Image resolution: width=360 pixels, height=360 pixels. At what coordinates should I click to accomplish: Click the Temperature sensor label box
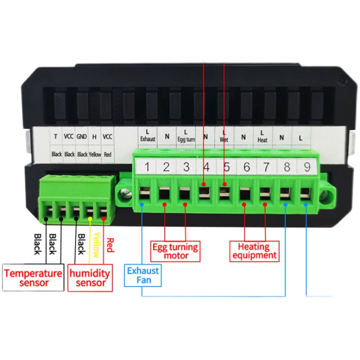point(33,277)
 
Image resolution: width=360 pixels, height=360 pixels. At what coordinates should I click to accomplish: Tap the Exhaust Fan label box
point(143,275)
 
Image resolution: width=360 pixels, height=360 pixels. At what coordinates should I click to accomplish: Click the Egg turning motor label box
point(175,251)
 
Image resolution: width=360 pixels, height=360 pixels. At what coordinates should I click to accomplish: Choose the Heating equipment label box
point(254,251)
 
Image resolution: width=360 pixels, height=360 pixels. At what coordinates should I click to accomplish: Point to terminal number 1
point(147,166)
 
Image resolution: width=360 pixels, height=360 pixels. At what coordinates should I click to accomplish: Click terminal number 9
point(307,167)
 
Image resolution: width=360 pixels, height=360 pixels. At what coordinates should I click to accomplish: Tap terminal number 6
point(247,167)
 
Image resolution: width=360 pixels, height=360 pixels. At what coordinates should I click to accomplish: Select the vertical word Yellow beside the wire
point(97,245)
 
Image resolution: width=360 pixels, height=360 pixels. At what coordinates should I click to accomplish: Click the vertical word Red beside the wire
point(110,245)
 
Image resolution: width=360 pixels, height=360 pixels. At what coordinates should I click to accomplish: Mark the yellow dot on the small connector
point(90,219)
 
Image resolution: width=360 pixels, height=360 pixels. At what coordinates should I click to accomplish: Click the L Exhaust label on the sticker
point(148,136)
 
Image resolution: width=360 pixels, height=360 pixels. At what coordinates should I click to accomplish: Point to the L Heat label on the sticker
point(262,137)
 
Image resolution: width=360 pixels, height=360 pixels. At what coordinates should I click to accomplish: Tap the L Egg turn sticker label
point(186,136)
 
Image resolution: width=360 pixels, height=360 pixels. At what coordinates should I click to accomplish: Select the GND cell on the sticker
point(81,137)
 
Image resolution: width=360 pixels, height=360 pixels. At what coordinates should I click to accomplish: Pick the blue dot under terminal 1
point(142,204)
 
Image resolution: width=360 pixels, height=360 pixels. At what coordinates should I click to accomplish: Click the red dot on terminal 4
point(204,184)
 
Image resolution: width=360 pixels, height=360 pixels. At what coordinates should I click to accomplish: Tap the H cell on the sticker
point(94,137)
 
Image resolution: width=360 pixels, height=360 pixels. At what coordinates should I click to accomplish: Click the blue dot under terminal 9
point(306,205)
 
